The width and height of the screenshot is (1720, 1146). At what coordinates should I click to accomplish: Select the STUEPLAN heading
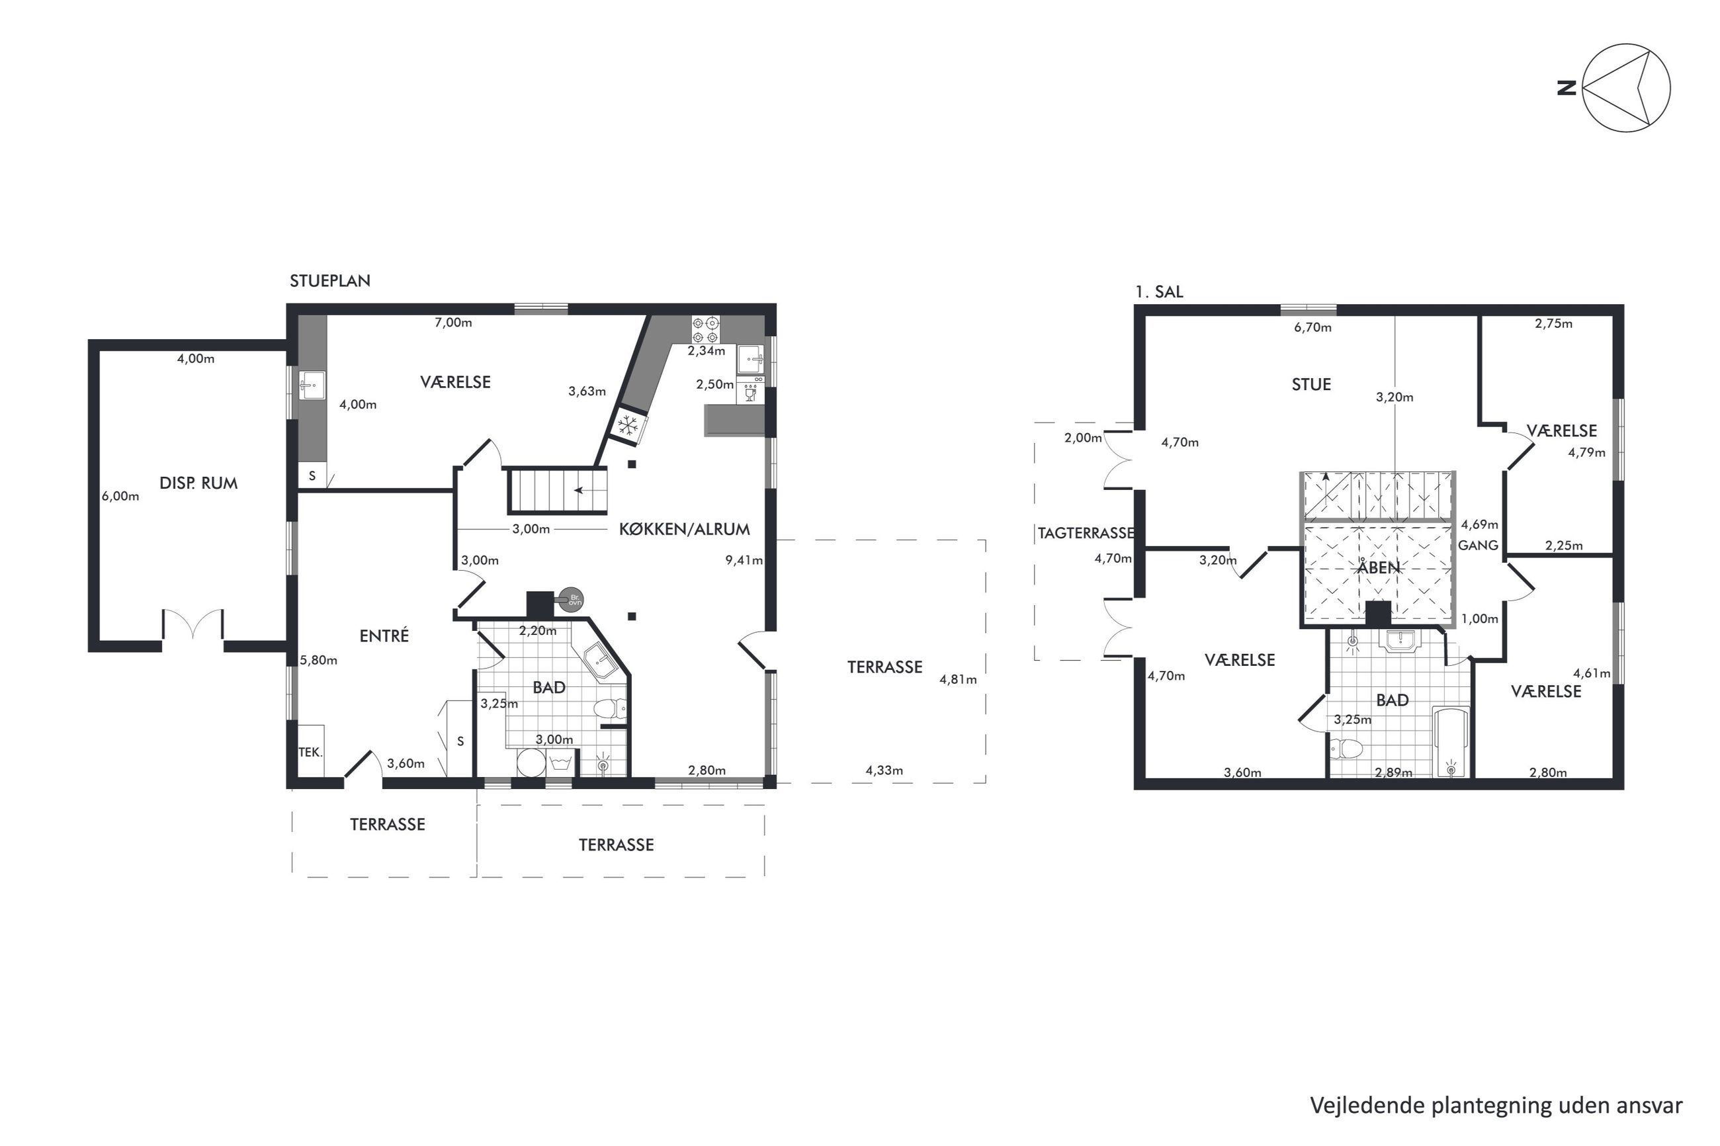coord(329,280)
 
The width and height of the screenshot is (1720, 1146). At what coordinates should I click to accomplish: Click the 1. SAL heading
coord(1158,292)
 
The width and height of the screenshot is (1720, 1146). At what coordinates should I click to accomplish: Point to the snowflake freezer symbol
coord(628,425)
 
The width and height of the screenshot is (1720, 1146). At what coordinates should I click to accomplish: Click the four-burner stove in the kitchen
coord(706,329)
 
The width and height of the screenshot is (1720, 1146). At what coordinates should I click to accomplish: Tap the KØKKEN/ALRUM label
coord(684,529)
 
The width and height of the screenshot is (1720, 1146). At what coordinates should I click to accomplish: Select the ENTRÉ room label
coord(384,636)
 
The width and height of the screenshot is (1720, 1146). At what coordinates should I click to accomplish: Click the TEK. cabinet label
coord(310,751)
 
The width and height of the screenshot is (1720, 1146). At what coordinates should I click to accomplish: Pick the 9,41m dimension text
coord(744,561)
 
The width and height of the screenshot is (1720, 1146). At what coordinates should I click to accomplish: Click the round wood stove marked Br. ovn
coord(572,600)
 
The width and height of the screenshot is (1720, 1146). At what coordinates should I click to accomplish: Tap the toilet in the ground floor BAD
coord(610,708)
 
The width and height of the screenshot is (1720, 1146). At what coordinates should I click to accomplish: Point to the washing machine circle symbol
coord(530,763)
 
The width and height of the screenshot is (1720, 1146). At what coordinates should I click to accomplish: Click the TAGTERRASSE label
coord(1086,534)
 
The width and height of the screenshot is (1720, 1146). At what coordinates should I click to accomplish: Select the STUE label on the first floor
coord(1311,384)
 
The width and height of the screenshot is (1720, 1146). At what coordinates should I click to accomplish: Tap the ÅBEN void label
coord(1378,567)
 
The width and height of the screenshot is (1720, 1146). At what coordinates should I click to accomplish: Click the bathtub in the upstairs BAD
coord(1451,741)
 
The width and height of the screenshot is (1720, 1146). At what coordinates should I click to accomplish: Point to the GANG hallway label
coord(1478,546)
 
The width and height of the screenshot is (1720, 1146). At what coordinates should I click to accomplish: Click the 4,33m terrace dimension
coord(884,770)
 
